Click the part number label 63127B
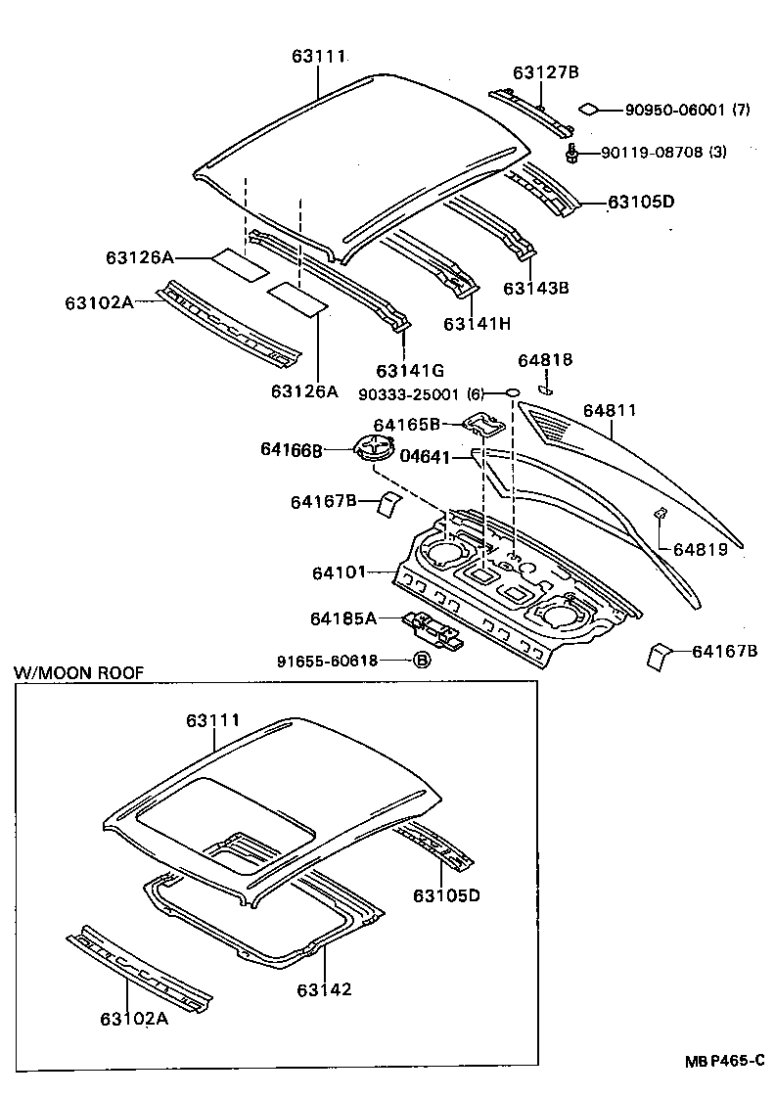click(x=546, y=71)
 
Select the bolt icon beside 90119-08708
click(x=572, y=152)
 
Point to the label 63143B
click(x=536, y=288)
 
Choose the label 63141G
click(x=409, y=370)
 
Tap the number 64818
click(x=545, y=360)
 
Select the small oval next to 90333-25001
click(x=512, y=393)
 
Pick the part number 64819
click(x=700, y=550)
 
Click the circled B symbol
click(x=422, y=661)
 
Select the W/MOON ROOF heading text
click(x=78, y=672)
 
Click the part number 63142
click(x=324, y=989)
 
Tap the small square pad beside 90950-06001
click(x=590, y=110)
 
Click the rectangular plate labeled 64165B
click(x=483, y=424)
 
